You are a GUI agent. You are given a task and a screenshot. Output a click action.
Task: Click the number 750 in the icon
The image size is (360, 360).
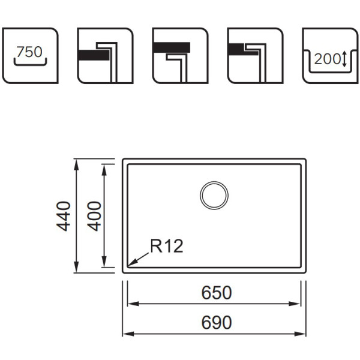coord(29,52)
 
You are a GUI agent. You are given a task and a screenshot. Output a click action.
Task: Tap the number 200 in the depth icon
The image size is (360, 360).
coord(327,59)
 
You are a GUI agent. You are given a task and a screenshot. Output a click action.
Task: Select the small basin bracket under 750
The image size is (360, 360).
coord(30,62)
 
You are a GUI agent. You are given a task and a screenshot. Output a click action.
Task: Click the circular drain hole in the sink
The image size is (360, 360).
coord(214,196)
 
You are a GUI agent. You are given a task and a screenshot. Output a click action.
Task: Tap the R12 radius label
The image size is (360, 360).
coord(166,246)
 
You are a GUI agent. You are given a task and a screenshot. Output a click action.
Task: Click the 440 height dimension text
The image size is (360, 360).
coord(65,216)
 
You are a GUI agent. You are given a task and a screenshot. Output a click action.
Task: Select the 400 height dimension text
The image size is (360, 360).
coord(94,216)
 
